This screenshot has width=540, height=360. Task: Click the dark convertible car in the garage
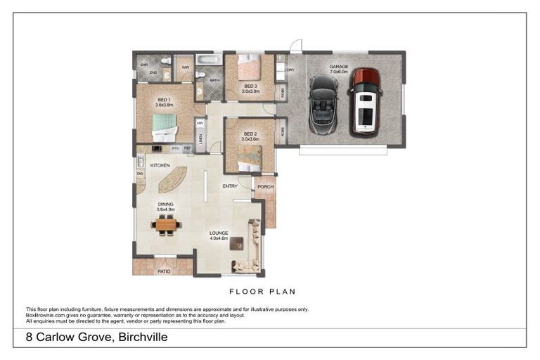point(323,105)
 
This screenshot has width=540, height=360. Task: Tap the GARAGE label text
point(339,68)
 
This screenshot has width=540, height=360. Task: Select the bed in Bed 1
point(165,127)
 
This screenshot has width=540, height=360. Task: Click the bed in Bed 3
point(248,68)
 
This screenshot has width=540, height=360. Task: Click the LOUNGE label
point(219,233)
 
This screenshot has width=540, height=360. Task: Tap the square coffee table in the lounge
point(236,243)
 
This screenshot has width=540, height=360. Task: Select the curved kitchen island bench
point(173,179)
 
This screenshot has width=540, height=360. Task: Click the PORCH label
point(265,186)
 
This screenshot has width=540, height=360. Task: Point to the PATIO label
point(164,270)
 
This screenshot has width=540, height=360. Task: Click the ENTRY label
point(230,186)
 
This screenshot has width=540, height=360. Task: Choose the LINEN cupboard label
point(200,139)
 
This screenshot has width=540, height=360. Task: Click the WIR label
point(186,67)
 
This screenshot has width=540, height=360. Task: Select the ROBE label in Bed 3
point(283,91)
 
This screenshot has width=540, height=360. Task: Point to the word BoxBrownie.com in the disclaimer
point(46,314)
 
